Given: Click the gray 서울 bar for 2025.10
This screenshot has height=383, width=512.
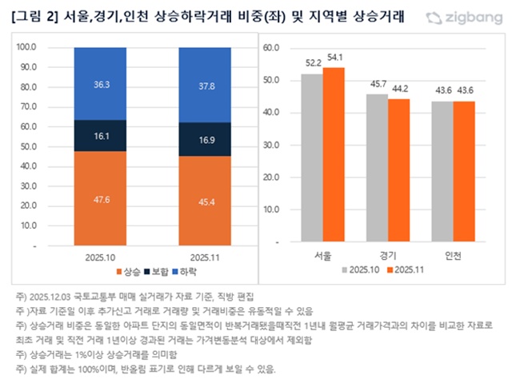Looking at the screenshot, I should coord(312,160).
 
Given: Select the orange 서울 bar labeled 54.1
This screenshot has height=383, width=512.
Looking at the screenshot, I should coord(332,157).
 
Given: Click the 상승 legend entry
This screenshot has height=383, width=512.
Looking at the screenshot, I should coord(129,273).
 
